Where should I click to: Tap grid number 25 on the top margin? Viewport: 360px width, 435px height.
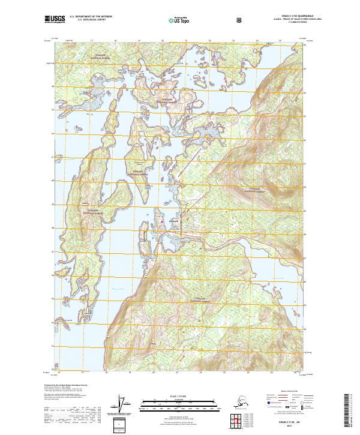280,41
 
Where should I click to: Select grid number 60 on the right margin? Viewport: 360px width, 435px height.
304,180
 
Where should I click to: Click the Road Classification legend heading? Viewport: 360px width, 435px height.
286,390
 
